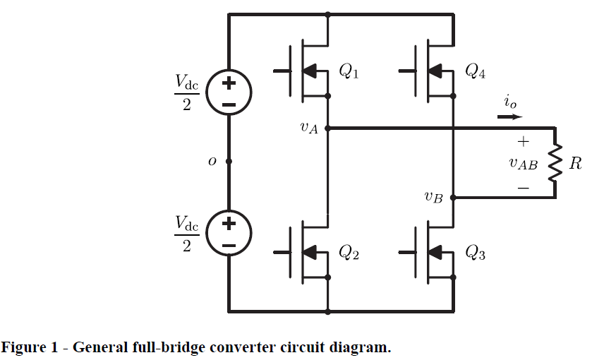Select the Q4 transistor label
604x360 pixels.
coord(475,71)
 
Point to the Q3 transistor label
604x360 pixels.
coord(475,253)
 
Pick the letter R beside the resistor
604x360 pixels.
coord(576,164)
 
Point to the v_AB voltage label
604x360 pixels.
coord(523,164)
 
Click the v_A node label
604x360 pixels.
coord(309,128)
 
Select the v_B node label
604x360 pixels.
coord(433,198)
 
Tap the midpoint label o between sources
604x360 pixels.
coord(212,161)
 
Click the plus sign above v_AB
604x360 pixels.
coord(523,141)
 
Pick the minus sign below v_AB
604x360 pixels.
coord(523,188)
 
